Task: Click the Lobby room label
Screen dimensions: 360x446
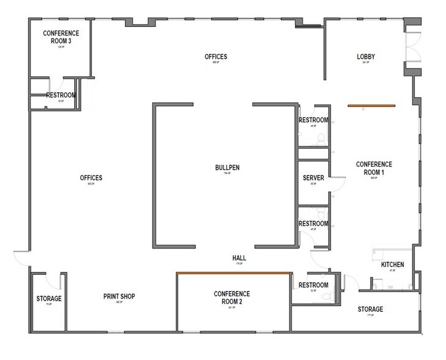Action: coord(366,57)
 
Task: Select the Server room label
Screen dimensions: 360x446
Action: coord(312,178)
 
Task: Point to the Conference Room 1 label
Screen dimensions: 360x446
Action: coord(374,167)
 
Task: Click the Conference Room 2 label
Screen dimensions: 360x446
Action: coord(232,297)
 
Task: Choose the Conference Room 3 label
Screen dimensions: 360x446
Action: coord(62,37)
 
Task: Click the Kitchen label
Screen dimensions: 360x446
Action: coord(392,264)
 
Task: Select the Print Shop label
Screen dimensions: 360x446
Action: coord(119,297)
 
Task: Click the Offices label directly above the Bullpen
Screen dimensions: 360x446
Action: coord(216,57)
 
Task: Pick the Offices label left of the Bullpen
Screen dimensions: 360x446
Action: coord(91,178)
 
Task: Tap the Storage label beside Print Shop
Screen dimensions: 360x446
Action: coord(49,298)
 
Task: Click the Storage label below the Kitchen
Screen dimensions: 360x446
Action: coord(371,309)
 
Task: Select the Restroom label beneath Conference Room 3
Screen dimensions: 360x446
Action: coord(61,96)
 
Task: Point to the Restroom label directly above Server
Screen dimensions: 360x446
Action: coord(313,120)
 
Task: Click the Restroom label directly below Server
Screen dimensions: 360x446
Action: coord(313,223)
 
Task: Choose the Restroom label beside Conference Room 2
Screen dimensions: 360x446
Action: coord(313,285)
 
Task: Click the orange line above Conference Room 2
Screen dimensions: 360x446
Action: coord(232,273)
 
